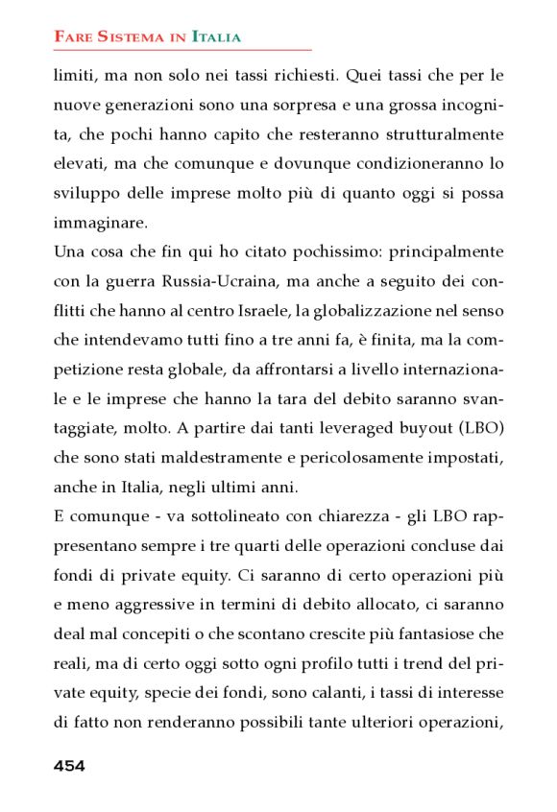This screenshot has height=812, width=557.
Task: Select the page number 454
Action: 69,765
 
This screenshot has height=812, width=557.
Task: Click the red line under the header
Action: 182,50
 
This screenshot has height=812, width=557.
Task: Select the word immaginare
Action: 100,223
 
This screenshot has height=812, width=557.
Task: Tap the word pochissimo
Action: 296,252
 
